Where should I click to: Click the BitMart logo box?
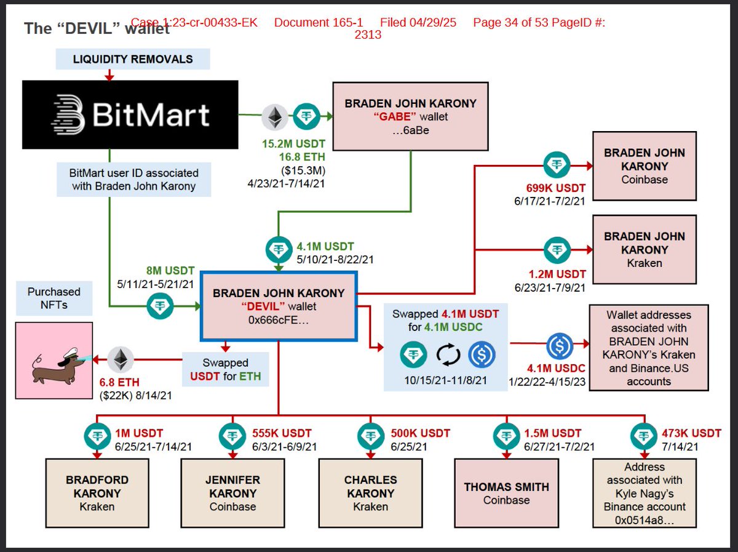pos(130,114)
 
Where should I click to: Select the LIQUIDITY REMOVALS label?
pos(133,59)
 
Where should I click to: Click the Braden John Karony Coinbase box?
pos(644,166)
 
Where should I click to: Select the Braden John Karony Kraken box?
pos(644,249)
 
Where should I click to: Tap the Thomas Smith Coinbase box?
pos(506,493)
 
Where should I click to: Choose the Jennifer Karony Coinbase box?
pos(232,493)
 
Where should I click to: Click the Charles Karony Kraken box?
pos(370,493)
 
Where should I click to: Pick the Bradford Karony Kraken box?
pos(97,493)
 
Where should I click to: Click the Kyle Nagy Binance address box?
pos(645,493)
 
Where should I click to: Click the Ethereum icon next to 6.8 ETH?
pos(121,359)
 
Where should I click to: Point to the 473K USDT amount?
pos(691,433)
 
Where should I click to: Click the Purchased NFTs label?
pos(54,298)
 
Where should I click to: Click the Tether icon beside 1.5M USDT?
pos(506,436)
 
